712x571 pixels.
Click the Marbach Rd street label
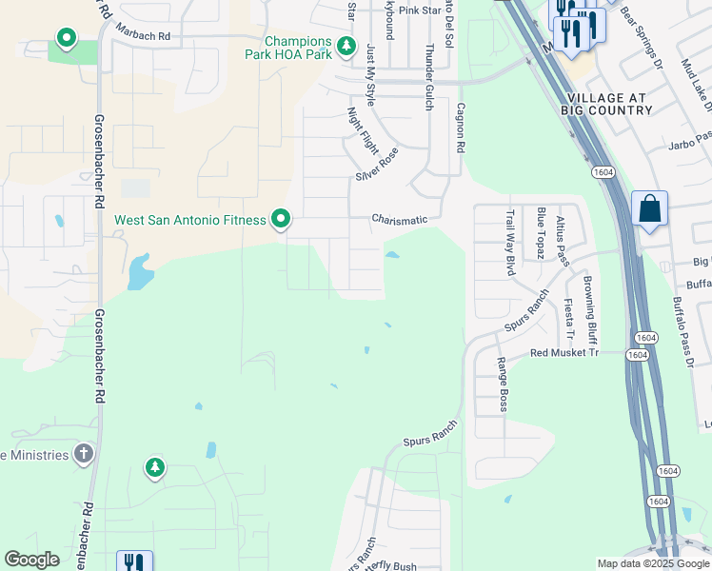click(x=142, y=35)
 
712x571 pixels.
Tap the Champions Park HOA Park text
click(x=298, y=49)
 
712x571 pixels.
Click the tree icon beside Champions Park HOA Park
click(x=347, y=45)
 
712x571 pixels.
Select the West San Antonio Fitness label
click(x=190, y=220)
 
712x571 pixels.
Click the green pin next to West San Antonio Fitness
click(x=281, y=220)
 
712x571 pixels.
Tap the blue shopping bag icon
click(x=649, y=209)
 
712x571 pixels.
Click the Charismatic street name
click(x=399, y=220)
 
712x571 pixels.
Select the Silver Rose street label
click(x=377, y=165)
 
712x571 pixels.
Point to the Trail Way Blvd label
click(x=510, y=243)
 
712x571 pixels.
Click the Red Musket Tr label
click(x=564, y=353)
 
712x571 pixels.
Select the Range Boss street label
click(x=502, y=384)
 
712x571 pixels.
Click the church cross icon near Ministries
click(x=84, y=453)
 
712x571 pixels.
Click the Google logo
click(x=31, y=560)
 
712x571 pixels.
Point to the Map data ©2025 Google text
click(x=652, y=563)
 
